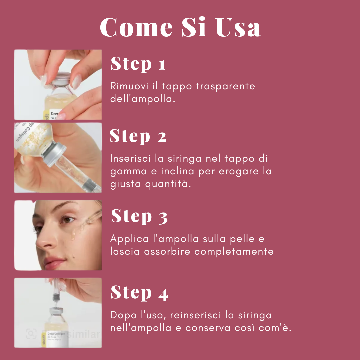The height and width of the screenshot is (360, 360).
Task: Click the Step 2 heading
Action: coord(138,136)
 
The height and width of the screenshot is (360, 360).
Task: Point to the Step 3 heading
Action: coord(139,216)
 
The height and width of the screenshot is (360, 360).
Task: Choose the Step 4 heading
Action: coord(139,293)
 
